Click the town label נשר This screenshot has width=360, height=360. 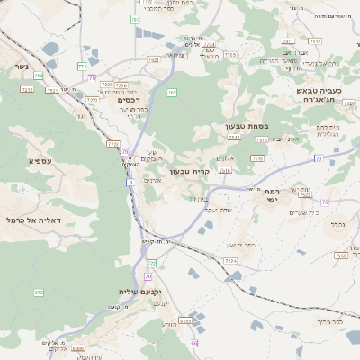pos(20,67)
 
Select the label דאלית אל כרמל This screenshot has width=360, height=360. pos(32,220)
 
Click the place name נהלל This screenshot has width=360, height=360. pos(338,224)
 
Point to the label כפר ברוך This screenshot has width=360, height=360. pos(331,319)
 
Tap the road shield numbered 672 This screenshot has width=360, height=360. pos(39,292)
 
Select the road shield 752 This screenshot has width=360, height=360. pos(38,76)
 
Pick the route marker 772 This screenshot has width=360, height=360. pos(82,66)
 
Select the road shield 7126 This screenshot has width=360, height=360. pos(113,143)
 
